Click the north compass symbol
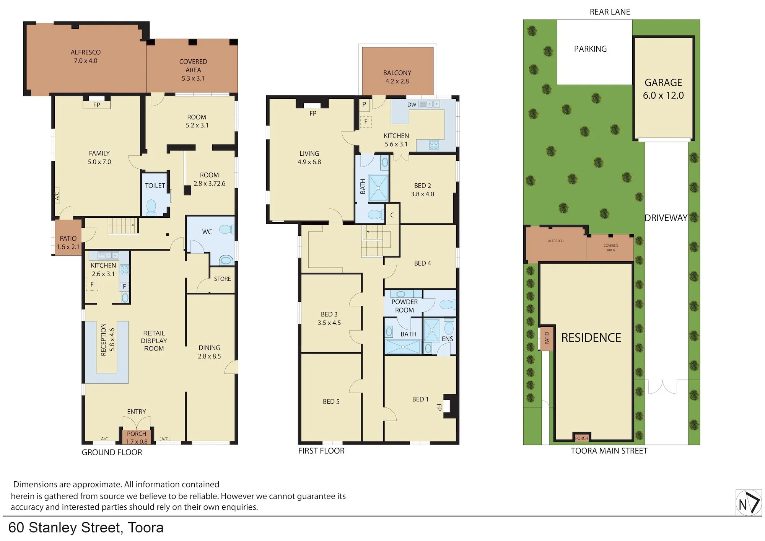pyautogui.click(x=749, y=502)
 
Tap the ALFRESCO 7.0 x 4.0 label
pyautogui.click(x=86, y=56)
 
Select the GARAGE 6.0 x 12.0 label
pyautogui.click(x=663, y=89)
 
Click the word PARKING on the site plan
pyautogui.click(x=590, y=49)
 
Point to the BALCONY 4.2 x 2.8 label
pyautogui.click(x=397, y=77)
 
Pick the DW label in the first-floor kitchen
pyautogui.click(x=412, y=104)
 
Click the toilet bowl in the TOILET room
pyautogui.click(x=151, y=207)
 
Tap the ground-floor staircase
pyautogui.click(x=123, y=226)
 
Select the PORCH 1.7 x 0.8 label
pyautogui.click(x=137, y=437)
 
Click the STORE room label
pyautogui.click(x=222, y=279)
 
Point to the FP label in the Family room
pyautogui.click(x=97, y=105)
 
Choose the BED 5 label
pyautogui.click(x=331, y=401)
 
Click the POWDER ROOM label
pyautogui.click(x=404, y=306)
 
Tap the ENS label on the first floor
pyautogui.click(x=447, y=339)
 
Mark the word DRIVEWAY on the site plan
pyautogui.click(x=666, y=218)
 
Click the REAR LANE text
pyautogui.click(x=610, y=12)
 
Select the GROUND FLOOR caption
pyautogui.click(x=112, y=452)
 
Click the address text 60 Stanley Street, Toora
pyautogui.click(x=86, y=528)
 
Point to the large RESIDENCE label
pyautogui.click(x=591, y=338)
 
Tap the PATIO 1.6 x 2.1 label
pyautogui.click(x=68, y=243)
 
